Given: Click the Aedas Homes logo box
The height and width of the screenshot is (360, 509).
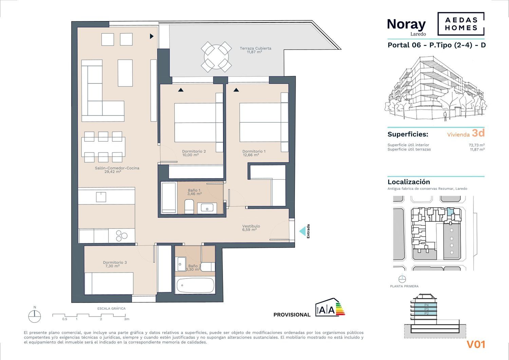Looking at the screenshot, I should pyautogui.click(x=461, y=24).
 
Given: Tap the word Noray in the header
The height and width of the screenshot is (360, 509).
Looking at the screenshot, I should pyautogui.click(x=406, y=24).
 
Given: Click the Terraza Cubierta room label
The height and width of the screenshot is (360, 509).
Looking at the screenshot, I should pyautogui.click(x=255, y=48).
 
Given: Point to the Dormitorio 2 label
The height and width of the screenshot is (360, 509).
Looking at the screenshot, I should pyautogui.click(x=194, y=151).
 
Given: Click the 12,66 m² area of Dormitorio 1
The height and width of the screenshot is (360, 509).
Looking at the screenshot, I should pyautogui.click(x=251, y=155).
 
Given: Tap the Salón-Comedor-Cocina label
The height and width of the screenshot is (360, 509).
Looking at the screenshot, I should pyautogui.click(x=117, y=168).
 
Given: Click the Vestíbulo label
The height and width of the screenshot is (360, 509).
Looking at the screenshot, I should pyautogui.click(x=251, y=226).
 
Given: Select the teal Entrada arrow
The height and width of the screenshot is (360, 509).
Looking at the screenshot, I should pyautogui.click(x=302, y=232).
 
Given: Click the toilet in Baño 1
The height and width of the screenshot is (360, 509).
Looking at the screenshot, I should pyautogui.click(x=189, y=206).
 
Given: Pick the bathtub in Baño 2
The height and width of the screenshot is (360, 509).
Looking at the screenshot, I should pyautogui.click(x=195, y=285).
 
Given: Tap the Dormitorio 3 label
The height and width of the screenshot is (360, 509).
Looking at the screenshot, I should pyautogui.click(x=115, y=263).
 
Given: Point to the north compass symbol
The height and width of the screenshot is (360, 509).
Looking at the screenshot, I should pyautogui.click(x=35, y=317).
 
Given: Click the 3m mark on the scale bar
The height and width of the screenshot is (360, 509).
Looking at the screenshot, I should pyautogui.click(x=127, y=319).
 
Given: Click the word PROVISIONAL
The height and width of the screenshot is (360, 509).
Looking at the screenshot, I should pyautogui.click(x=292, y=315).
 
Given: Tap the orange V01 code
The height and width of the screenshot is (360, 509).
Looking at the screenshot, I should pyautogui.click(x=476, y=345).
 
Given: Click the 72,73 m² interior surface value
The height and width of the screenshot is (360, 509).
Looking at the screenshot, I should pyautogui.click(x=476, y=145).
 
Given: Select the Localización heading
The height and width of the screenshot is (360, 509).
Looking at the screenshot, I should pyautogui.click(x=409, y=182).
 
